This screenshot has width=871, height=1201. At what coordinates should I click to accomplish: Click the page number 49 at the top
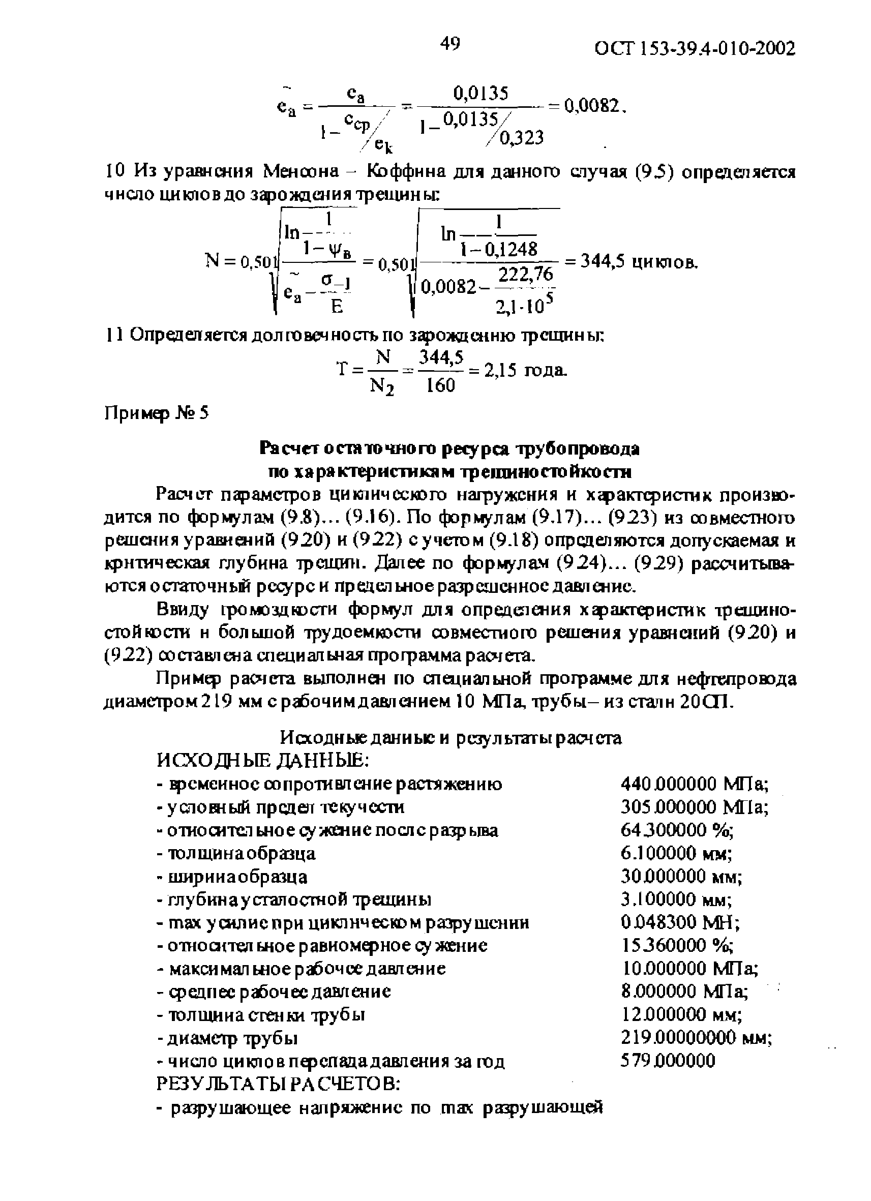(x=449, y=44)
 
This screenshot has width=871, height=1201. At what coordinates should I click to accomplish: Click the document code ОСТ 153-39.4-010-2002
(x=695, y=49)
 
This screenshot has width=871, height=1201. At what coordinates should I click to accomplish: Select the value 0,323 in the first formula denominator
(x=522, y=138)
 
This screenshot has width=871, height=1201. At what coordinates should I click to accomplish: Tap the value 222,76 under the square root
(x=526, y=274)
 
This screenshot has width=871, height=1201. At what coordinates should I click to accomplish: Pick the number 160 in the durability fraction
(x=440, y=386)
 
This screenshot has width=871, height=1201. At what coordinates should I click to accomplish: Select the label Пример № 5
(x=156, y=412)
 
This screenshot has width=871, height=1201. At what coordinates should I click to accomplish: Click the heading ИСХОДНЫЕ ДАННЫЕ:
(x=262, y=761)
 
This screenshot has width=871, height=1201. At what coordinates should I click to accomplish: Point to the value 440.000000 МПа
(x=694, y=783)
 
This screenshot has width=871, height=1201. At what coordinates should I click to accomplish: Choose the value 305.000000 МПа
(x=694, y=806)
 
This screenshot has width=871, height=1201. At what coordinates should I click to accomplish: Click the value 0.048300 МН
(x=680, y=922)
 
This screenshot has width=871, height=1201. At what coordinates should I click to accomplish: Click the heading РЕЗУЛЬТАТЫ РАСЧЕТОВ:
(x=278, y=1084)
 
